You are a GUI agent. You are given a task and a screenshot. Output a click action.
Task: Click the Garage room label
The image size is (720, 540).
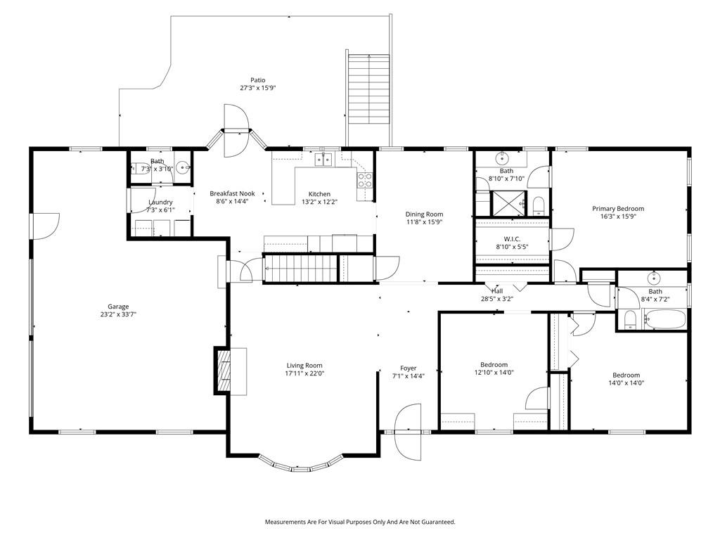pyautogui.click(x=118, y=307)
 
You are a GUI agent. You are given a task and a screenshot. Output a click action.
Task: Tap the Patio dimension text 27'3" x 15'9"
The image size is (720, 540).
pyautogui.click(x=257, y=88)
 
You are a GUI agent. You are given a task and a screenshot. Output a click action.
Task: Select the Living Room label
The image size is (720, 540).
pyautogui.click(x=304, y=366)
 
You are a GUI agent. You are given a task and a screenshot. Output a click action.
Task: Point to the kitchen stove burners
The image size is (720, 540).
pyautogui.click(x=365, y=180)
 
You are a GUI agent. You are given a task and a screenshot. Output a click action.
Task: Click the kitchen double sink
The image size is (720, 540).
pyautogui.click(x=323, y=160)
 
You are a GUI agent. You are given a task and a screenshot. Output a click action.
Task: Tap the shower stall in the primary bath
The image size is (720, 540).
pyautogui.click(x=509, y=202)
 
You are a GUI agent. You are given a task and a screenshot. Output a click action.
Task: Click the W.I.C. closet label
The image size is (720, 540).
pyautogui.click(x=512, y=239)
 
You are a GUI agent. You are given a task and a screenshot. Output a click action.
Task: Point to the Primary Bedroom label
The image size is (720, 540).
pyautogui.click(x=617, y=209)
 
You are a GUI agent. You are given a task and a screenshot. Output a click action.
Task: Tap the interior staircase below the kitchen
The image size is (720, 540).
pyautogui.click(x=300, y=268)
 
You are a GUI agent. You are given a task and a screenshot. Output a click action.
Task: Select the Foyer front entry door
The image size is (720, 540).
pyautogui.click(x=408, y=432)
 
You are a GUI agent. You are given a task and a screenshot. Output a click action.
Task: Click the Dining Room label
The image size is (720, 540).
pyautogui.click(x=424, y=214)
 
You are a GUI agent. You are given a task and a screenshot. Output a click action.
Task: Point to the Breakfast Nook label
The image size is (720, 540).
pyautogui.click(x=232, y=194)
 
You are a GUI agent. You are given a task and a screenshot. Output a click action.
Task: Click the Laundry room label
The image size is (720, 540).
pyautogui.click(x=160, y=202)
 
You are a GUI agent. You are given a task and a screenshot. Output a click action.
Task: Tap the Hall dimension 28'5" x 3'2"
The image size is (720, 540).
pyautogui.click(x=497, y=299)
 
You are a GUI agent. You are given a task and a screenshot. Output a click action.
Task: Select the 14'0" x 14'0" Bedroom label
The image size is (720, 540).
pyautogui.click(x=626, y=375)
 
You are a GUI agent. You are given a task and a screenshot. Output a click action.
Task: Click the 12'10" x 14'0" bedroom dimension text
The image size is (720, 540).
pyautogui.click(x=494, y=373)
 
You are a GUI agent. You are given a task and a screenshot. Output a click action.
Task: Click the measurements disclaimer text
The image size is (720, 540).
pyautogui.click(x=360, y=522)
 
